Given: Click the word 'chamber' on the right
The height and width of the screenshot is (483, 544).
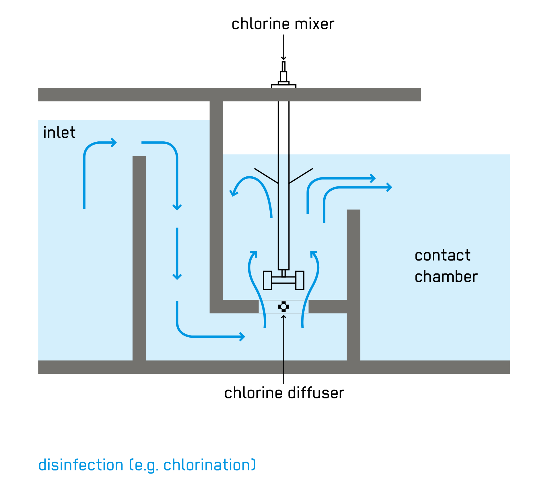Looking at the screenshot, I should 446,277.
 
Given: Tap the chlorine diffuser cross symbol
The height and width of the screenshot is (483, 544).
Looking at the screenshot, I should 283,307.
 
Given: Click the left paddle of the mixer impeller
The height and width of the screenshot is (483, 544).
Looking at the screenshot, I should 267,280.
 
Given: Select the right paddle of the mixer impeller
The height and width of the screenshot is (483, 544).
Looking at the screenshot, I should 300,280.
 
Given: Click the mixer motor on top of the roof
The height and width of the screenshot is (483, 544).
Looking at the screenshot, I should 283,77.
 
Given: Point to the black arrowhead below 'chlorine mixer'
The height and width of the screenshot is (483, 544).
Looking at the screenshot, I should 283,58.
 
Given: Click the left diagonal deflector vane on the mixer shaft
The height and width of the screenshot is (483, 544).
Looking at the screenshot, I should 266,176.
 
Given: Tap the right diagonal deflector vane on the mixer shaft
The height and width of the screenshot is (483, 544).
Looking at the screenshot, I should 301,176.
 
